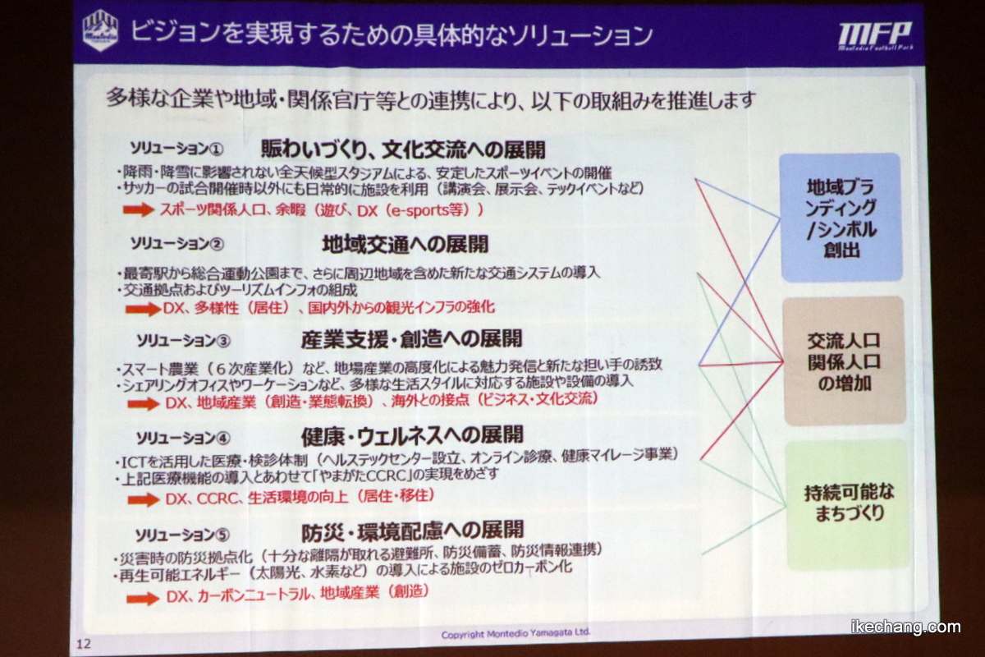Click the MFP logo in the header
pos(875,36)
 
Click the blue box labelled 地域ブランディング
pos(841,217)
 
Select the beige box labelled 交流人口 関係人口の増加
pos(845,361)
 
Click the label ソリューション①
pos(176,149)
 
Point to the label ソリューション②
pos(176,243)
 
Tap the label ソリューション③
pos(183,341)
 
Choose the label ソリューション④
pos(183,438)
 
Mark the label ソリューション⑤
pos(182,535)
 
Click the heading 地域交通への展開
pos(405,244)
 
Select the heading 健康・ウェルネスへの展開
pos(412,435)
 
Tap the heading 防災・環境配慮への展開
pos(412,531)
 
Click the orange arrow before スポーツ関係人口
pos(139,209)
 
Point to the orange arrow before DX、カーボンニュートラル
pos(143,598)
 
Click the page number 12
pos(84,644)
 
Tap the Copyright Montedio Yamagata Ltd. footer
pos(515,634)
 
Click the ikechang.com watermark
pos(906,627)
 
